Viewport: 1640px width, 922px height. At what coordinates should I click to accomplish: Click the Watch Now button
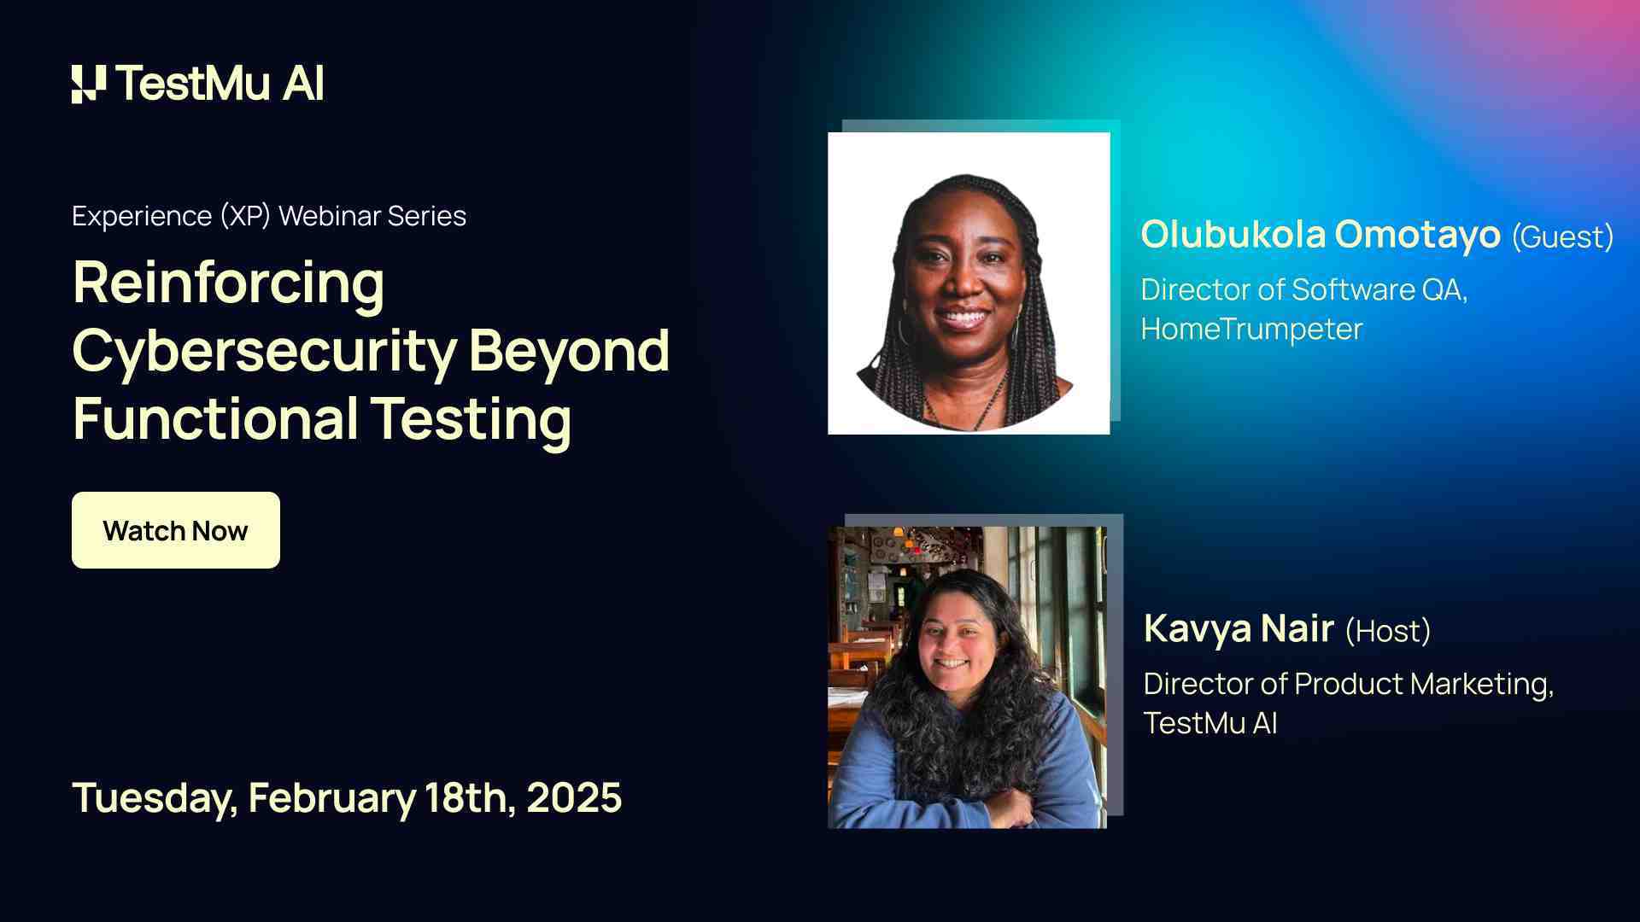175,530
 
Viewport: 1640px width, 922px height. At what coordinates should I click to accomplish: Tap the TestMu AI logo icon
89,84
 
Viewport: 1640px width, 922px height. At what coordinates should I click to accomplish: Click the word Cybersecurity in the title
264,351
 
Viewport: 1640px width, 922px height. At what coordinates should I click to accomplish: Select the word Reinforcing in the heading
228,283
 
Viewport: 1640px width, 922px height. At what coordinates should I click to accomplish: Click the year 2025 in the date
573,797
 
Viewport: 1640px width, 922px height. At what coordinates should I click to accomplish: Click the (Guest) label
1562,236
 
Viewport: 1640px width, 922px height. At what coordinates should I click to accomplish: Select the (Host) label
1387,631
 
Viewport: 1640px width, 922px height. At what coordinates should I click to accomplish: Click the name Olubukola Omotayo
1320,235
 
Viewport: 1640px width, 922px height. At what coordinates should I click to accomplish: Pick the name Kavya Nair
1238,629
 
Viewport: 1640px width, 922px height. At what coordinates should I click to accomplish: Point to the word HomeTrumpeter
1251,329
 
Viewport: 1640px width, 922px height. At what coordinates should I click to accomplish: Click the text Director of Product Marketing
1347,684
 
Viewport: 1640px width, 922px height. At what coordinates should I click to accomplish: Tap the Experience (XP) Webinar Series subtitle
269,216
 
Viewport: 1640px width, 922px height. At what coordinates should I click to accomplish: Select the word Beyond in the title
569,351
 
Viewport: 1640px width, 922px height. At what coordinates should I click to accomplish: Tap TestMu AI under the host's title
1209,723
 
